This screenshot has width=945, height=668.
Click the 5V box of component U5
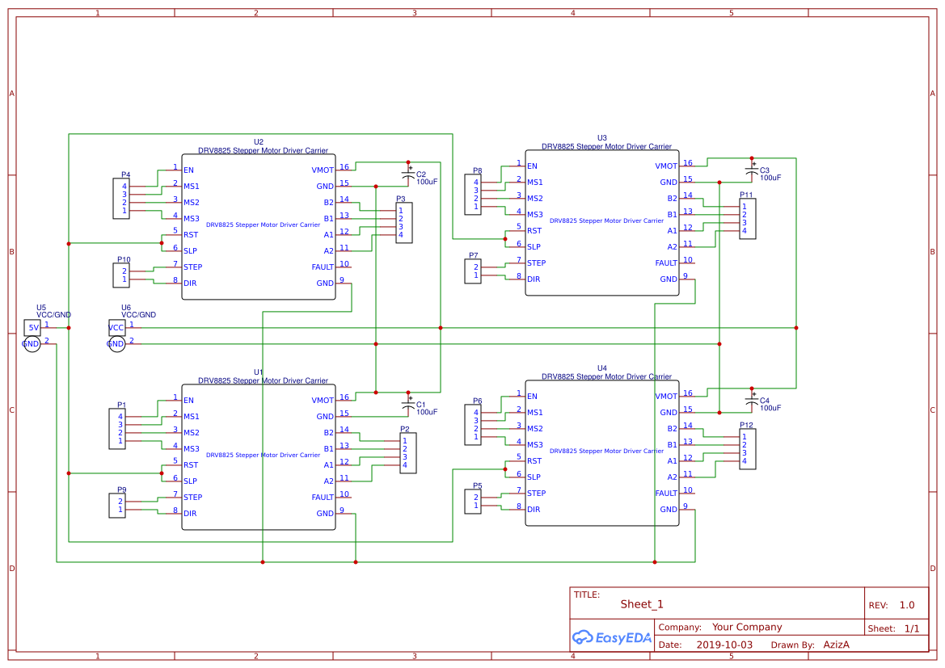(x=32, y=327)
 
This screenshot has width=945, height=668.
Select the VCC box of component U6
(x=117, y=327)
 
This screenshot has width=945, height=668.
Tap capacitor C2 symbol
(x=408, y=174)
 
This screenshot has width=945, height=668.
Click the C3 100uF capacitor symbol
(x=752, y=170)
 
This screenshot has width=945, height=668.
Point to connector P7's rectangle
(x=473, y=271)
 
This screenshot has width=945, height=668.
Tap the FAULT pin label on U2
(x=323, y=267)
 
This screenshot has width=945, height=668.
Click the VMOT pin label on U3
(x=666, y=166)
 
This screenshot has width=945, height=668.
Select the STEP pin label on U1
(x=193, y=498)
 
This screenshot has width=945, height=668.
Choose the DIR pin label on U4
(x=534, y=510)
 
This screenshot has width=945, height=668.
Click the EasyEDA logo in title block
(x=612, y=637)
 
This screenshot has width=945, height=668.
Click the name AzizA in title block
(x=836, y=645)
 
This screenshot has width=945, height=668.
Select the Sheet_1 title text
(x=642, y=604)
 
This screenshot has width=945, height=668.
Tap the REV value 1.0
(x=907, y=605)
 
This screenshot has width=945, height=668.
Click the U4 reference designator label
(x=601, y=368)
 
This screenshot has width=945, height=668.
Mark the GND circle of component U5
(x=31, y=344)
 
